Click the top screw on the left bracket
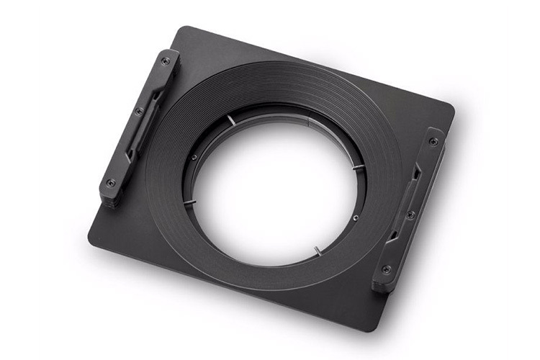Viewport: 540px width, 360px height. coord(165,61)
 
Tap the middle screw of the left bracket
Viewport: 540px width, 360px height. coord(138,112)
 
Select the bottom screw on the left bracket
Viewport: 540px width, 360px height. coord(110,182)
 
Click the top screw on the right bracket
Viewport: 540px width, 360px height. coord(433,141)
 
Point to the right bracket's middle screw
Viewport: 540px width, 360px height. coord(410,215)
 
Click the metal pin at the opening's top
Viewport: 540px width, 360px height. coord(230,119)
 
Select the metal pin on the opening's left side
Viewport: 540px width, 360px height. coord(189,202)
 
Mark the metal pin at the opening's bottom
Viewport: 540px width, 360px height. coord(317,251)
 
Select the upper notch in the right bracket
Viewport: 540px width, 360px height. coord(418,173)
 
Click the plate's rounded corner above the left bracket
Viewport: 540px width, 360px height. coord(180,30)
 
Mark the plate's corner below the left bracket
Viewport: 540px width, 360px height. coord(92,238)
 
